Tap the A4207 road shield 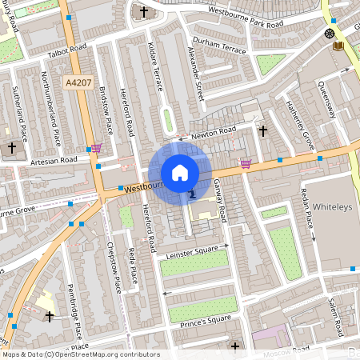(78, 82)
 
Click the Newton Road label (213, 130)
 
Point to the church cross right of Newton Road (262, 130)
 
